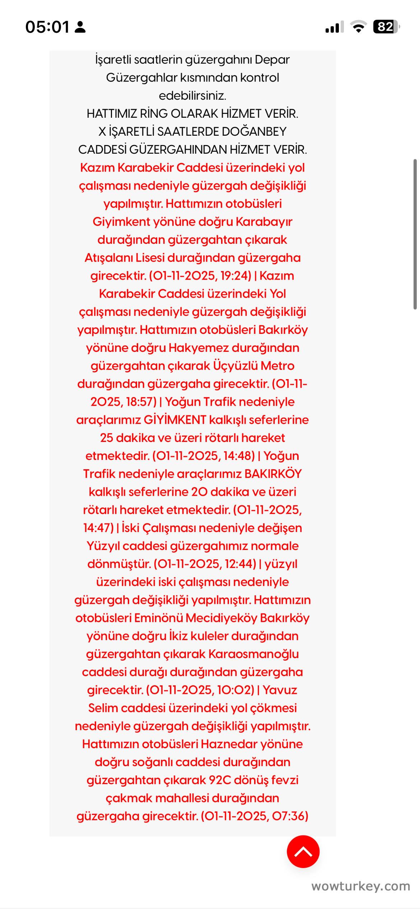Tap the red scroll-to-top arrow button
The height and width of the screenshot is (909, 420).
click(303, 852)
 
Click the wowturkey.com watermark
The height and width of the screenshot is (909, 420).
click(360, 886)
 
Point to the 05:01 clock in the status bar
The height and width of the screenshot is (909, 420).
click(47, 27)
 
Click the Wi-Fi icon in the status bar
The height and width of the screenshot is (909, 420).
click(358, 27)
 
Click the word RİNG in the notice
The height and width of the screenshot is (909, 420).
click(154, 113)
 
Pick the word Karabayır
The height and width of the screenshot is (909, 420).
click(264, 222)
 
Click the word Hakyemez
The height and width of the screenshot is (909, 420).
click(199, 348)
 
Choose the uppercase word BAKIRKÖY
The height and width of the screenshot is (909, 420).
click(273, 474)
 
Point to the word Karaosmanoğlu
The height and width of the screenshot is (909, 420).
click(253, 654)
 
